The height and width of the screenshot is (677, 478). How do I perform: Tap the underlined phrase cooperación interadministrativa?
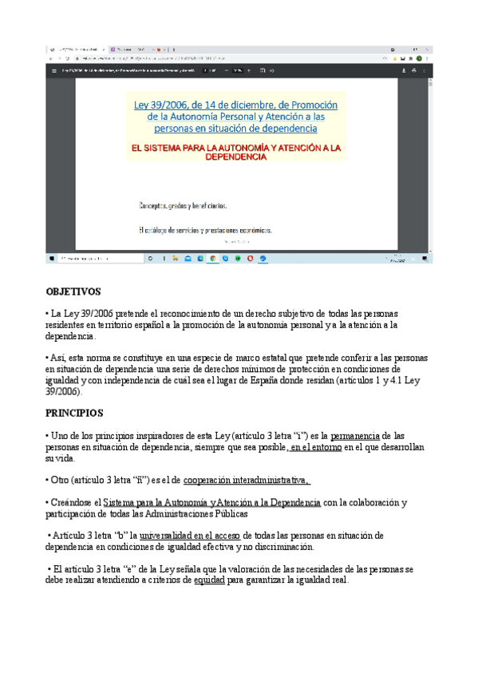(247, 480)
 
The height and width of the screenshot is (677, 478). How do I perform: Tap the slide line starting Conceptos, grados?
(184, 205)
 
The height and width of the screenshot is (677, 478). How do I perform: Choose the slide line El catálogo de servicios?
(205, 230)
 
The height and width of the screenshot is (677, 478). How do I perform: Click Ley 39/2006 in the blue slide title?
(163, 105)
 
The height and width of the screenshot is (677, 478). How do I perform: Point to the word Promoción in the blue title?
(314, 105)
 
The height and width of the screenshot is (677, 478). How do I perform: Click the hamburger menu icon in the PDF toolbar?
(54, 70)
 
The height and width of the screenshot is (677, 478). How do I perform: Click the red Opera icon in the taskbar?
(251, 259)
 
